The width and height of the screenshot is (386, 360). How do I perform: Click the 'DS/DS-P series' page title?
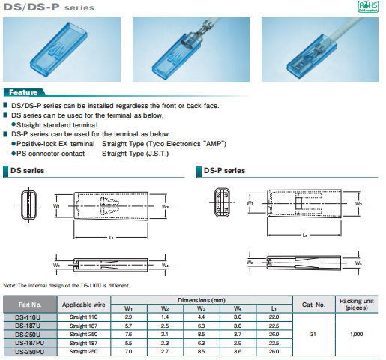click(x=51, y=8)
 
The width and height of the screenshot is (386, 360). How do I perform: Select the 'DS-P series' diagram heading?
click(x=224, y=171)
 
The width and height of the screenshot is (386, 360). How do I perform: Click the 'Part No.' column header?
click(x=29, y=304)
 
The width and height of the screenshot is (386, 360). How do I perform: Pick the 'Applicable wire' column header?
click(x=82, y=304)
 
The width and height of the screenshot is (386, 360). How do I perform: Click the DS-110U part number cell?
click(x=29, y=317)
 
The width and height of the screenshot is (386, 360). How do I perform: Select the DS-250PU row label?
click(x=29, y=350)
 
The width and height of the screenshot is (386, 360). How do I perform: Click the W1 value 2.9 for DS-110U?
click(x=128, y=317)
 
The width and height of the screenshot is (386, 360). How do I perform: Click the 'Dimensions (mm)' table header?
click(x=199, y=300)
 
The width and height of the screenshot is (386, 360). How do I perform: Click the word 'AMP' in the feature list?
click(x=212, y=143)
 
